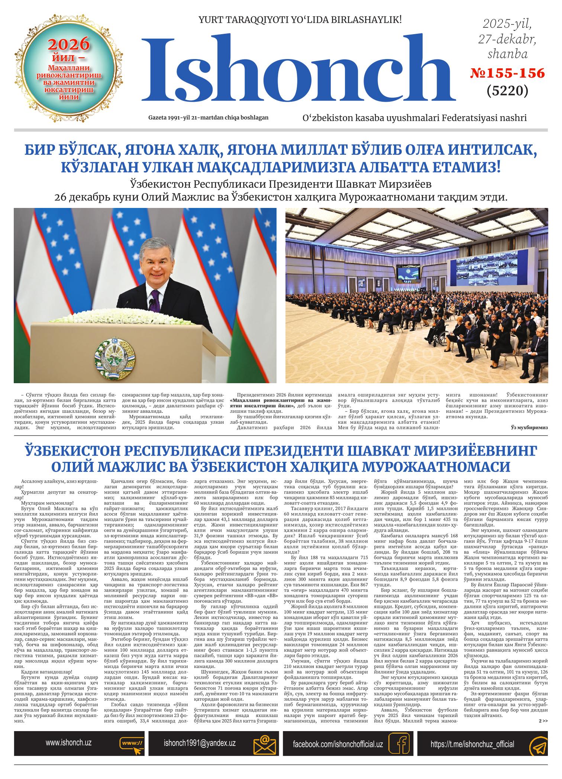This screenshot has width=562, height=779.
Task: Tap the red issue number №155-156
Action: (x=507, y=73)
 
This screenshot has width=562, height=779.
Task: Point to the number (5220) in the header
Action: (x=507, y=90)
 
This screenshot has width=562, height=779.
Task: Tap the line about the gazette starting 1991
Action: (x=208, y=118)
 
